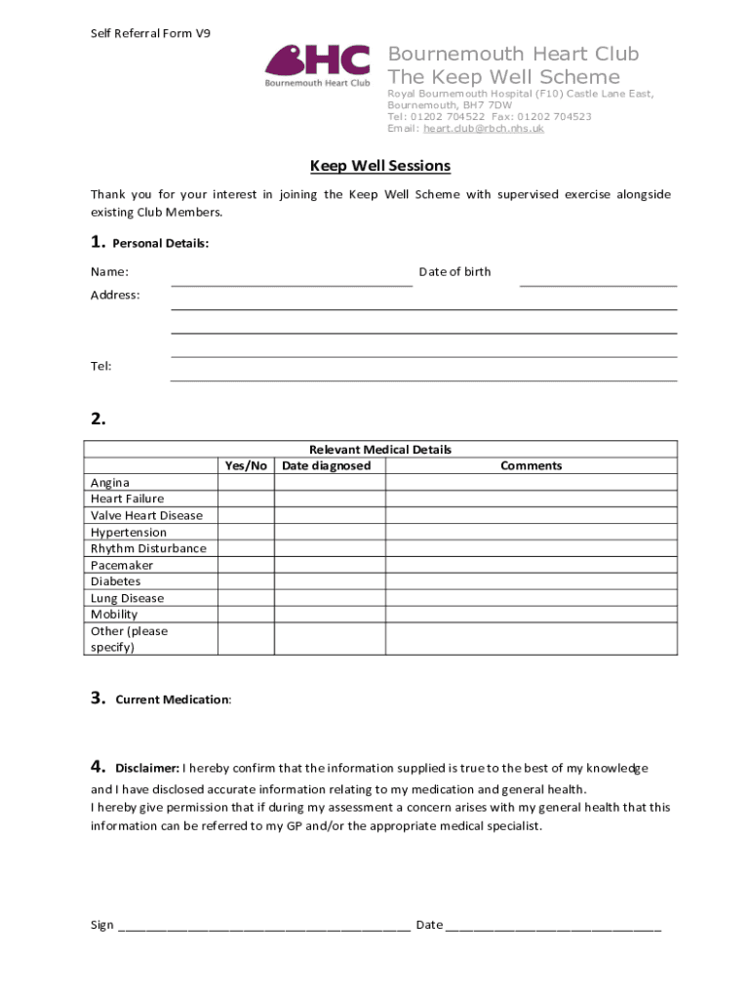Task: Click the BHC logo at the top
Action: [318, 65]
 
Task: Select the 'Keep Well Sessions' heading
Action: [380, 166]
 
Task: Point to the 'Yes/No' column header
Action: [246, 465]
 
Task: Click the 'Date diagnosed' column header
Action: [327, 465]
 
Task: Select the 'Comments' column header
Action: [531, 465]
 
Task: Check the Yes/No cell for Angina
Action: [246, 482]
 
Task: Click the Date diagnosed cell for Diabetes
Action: [330, 581]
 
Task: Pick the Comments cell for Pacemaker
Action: [531, 565]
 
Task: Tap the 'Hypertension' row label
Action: [129, 532]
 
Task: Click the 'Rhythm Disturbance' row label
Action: [148, 548]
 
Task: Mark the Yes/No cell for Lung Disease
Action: [246, 598]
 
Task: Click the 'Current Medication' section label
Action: [173, 699]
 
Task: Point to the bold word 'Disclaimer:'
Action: [147, 768]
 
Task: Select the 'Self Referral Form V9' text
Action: [150, 33]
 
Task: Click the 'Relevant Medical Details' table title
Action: [380, 450]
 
